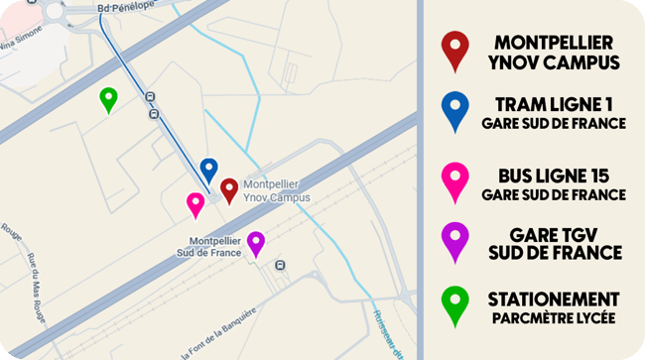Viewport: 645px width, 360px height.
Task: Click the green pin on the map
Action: [x=109, y=98]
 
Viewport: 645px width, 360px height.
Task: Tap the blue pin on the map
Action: [x=208, y=170]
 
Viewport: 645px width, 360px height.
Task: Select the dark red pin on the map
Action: [x=229, y=188]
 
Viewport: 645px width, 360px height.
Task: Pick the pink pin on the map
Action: [x=195, y=203]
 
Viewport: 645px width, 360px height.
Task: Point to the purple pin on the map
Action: [x=256, y=242]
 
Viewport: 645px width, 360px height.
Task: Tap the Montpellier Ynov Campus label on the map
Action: [x=276, y=190]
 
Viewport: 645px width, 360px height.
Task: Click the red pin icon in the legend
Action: [x=455, y=50]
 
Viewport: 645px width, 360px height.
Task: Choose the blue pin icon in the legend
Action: [x=455, y=111]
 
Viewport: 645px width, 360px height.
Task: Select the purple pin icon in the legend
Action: [x=455, y=241]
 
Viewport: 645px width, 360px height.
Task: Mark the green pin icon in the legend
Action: [x=455, y=305]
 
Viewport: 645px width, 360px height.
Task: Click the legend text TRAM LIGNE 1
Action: [x=554, y=104]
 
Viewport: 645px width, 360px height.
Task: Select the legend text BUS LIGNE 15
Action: [x=554, y=176]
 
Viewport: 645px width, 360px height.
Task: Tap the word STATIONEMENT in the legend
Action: [x=554, y=299]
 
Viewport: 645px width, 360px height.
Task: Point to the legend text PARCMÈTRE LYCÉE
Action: [x=554, y=318]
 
